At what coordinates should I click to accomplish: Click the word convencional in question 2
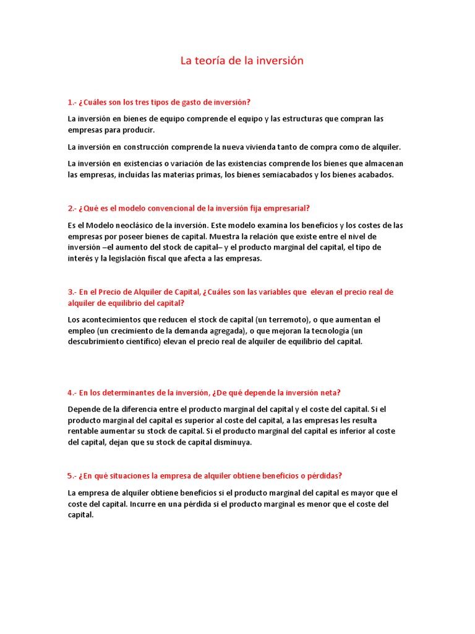tap(154, 208)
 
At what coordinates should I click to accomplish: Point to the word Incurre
tap(146, 504)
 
